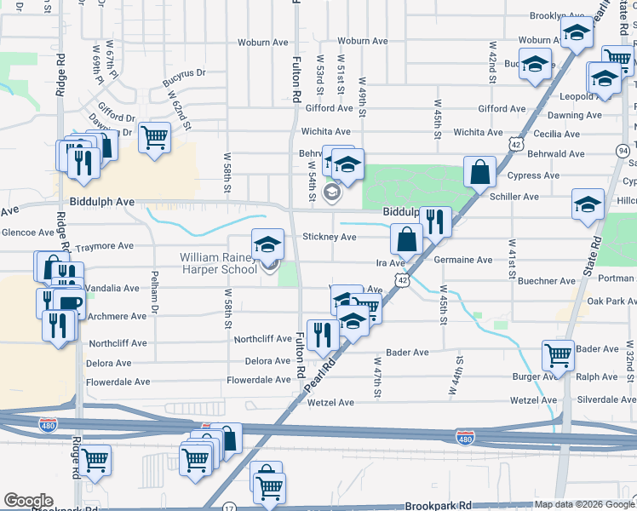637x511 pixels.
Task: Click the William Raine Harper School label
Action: click(217, 264)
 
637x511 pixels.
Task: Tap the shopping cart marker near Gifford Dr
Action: click(154, 136)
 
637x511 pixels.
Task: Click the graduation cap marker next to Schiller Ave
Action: click(587, 205)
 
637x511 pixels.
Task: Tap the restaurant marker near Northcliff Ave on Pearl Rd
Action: click(322, 335)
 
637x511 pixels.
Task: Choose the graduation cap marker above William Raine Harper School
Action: click(267, 244)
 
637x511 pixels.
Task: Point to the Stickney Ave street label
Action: click(330, 238)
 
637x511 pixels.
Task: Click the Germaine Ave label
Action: click(463, 260)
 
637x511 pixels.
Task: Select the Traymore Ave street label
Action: click(105, 246)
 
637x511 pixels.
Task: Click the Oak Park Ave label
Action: click(606, 301)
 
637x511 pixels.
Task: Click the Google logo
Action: click(28, 501)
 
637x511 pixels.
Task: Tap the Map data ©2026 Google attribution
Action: click(584, 504)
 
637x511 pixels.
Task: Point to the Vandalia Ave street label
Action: click(112, 289)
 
